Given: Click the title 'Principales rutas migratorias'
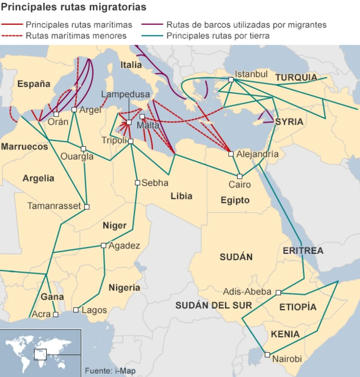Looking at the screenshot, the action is pos(74,7).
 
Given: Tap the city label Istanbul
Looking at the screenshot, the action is pos(251,74).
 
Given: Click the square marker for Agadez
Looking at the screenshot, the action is pos(103,246).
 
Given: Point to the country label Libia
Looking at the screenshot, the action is pos(181,196).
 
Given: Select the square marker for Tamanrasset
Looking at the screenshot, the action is pos(87,207).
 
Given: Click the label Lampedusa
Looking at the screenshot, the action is pos(126,94).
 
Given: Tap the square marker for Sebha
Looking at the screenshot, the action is pos(137,183).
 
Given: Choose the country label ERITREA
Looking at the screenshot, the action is pos(303,250).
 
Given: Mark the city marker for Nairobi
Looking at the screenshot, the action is pos(267,355).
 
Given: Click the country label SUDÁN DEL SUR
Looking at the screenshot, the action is pos(213,305).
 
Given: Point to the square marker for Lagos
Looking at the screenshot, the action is pos(76,310).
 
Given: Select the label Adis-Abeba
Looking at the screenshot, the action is pos(247,292).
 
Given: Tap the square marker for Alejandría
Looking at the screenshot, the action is pos(231,153).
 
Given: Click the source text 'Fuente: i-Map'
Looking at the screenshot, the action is pos(110,371).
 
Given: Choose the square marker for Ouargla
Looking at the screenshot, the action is pos(83,149).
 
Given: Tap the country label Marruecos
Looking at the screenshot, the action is pos(24,146).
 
